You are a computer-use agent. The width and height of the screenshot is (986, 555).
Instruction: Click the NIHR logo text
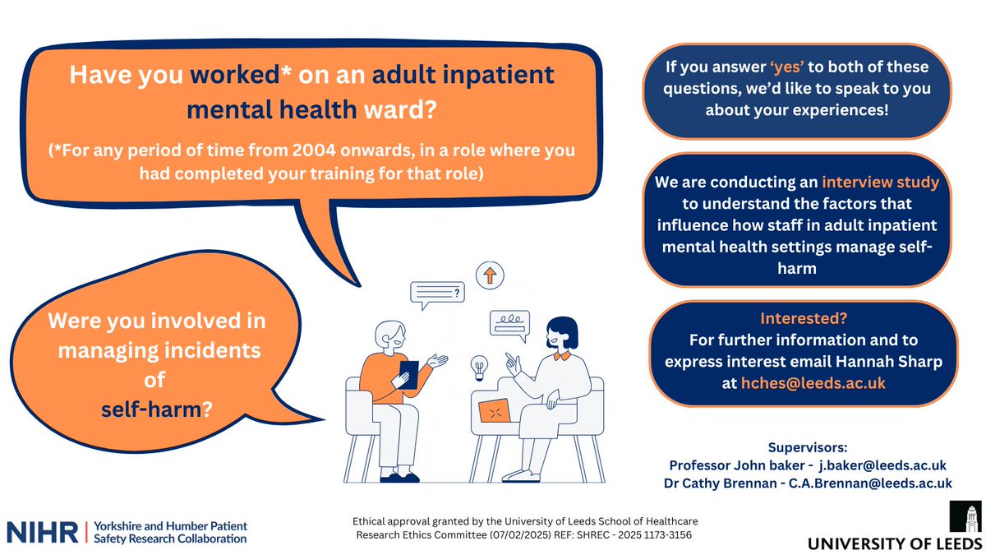click(42, 531)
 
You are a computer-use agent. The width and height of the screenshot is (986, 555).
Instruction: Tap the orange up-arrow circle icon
click(490, 275)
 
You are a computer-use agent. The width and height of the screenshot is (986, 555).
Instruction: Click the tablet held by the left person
click(408, 375)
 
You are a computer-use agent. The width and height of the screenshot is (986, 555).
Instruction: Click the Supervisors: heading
click(807, 449)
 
